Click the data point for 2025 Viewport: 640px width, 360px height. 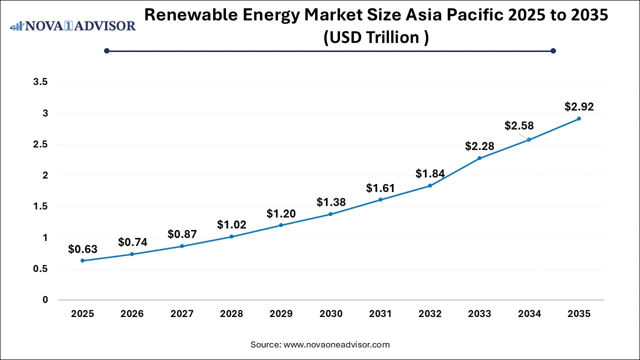[82, 260]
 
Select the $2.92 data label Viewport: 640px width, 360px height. [579, 106]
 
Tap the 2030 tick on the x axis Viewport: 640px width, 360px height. [330, 314]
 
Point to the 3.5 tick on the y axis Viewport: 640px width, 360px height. [40, 82]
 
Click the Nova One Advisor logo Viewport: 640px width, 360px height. [73, 26]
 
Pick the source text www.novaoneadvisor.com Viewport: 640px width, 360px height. [336, 344]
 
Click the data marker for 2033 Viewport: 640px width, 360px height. [479, 158]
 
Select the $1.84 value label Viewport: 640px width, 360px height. [430, 173]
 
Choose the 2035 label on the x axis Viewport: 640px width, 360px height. [579, 314]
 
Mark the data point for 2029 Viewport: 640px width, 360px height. [281, 225]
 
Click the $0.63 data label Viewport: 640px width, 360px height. [82, 249]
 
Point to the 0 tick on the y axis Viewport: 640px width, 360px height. [45, 300]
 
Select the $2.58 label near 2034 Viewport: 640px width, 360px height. [519, 126]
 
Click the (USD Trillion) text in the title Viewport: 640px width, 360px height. [375, 37]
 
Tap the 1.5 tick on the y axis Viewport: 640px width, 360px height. [40, 207]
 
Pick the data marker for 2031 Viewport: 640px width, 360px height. [380, 199]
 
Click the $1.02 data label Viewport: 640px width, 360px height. [231, 225]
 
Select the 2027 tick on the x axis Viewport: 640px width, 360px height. [182, 314]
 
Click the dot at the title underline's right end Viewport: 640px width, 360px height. [553, 50]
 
